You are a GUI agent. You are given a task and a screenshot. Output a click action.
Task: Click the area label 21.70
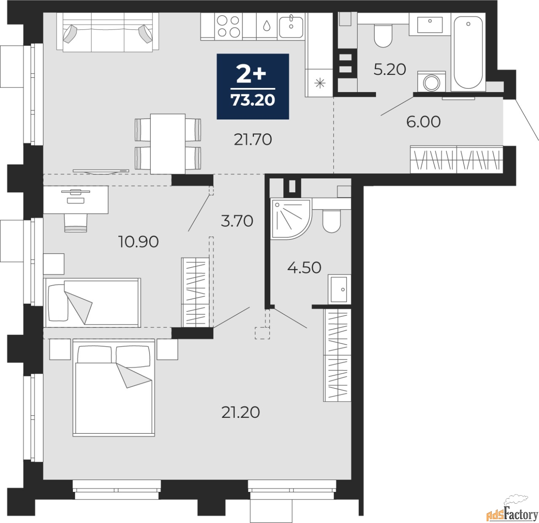point(253,139)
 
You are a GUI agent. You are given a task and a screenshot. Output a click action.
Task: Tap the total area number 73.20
point(253,100)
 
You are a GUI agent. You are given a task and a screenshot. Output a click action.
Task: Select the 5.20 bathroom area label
point(390,69)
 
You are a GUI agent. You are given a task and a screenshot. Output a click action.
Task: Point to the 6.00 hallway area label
point(423,122)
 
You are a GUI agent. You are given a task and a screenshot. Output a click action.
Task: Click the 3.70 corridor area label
point(237,221)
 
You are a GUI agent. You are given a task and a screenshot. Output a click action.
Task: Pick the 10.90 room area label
point(138,242)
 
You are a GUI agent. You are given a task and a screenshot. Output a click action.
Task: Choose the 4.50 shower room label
point(304,268)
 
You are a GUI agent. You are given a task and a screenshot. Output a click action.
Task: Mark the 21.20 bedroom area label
point(240,412)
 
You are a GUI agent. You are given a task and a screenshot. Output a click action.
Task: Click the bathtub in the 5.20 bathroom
point(468,52)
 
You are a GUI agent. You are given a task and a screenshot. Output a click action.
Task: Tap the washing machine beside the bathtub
point(432,81)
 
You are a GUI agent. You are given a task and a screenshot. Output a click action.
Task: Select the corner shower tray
point(291,219)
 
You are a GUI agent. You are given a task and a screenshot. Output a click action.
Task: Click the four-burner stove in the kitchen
point(228,27)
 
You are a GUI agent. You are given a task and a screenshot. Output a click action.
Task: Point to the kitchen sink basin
point(291,27)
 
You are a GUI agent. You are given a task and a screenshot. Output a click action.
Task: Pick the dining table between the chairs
point(168,144)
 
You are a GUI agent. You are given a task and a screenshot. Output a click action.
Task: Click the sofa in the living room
point(108,32)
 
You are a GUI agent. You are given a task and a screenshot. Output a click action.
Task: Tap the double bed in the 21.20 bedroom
point(114,388)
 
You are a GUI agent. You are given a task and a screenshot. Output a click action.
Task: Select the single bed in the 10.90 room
point(92,303)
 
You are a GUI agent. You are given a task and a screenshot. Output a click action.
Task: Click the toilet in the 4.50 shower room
point(331,221)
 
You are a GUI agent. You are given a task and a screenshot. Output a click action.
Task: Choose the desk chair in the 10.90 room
point(76,223)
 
